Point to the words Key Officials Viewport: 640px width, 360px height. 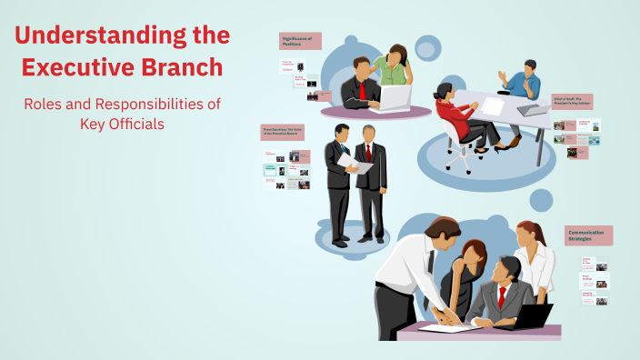pyautogui.click(x=122, y=124)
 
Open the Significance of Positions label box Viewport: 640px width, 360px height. pyautogui.click(x=300, y=41)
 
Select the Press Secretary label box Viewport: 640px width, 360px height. pyautogui.click(x=282, y=133)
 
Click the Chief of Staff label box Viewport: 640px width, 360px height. pyautogui.click(x=572, y=102)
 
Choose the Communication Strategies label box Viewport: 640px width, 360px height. pyautogui.click(x=588, y=235)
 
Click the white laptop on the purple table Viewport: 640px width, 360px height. pyautogui.click(x=395, y=96)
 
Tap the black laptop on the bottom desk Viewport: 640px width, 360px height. pyautogui.click(x=531, y=315)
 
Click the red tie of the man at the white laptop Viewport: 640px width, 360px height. pyautogui.click(x=361, y=91)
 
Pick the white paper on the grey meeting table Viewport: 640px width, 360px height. pyautogui.click(x=492, y=106)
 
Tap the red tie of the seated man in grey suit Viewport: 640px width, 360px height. pyautogui.click(x=501, y=296)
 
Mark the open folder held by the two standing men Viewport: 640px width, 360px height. pyautogui.click(x=355, y=163)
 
